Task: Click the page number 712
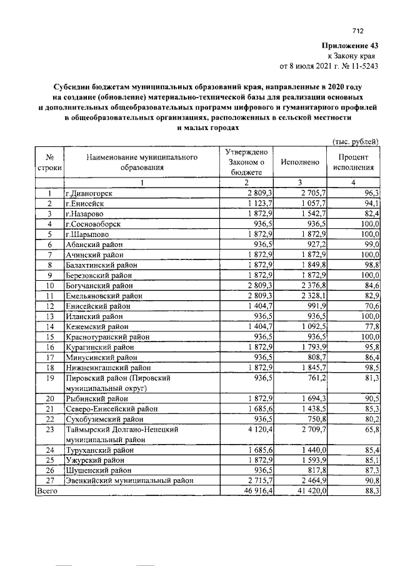point(357,31)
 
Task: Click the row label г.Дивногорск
point(93,193)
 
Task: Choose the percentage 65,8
point(372,430)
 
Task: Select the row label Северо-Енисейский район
point(111,408)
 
